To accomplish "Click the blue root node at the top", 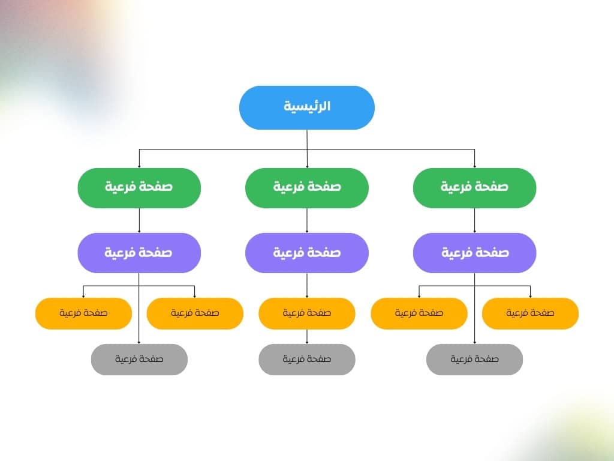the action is (307, 108).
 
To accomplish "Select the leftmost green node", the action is (139, 188).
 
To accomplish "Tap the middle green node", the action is (307, 188).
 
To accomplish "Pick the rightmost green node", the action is (475, 188).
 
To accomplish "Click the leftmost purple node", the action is (139, 253).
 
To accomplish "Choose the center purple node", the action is (307, 253).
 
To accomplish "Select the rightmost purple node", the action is (475, 253).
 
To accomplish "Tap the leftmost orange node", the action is (83, 313).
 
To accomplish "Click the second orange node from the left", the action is (195, 313).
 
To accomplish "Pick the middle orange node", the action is (307, 313).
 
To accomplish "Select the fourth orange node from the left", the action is (419, 313).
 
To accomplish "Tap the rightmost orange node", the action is (530, 313).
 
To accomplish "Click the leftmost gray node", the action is (139, 360).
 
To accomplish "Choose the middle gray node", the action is (307, 360).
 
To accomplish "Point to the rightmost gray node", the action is (475, 360).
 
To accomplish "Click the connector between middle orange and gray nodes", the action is (307, 337).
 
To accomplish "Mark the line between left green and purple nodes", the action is (139, 221).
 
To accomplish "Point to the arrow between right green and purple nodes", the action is (475, 221).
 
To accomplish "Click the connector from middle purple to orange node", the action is (307, 285).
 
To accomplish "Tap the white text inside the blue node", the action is (307, 106).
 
